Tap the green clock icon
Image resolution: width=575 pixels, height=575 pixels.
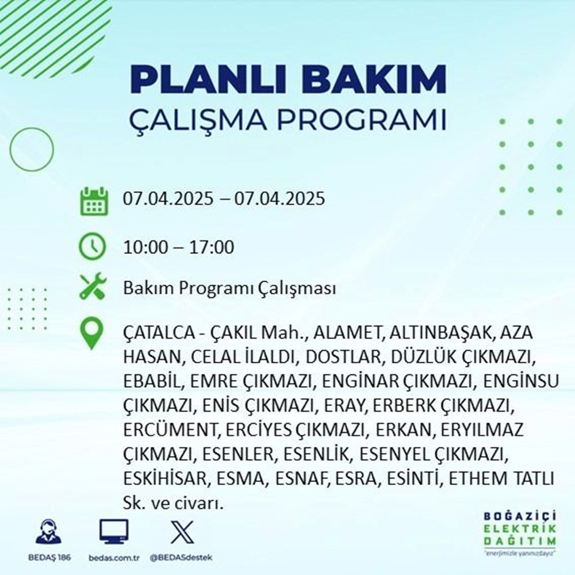click(92, 248)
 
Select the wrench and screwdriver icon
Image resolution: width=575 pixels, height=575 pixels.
click(92, 287)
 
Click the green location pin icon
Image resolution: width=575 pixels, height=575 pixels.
click(93, 334)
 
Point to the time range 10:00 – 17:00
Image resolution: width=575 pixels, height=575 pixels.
click(179, 248)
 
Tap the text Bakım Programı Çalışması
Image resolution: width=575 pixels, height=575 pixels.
click(229, 289)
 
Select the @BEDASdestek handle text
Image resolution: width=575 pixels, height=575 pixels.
click(181, 558)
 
